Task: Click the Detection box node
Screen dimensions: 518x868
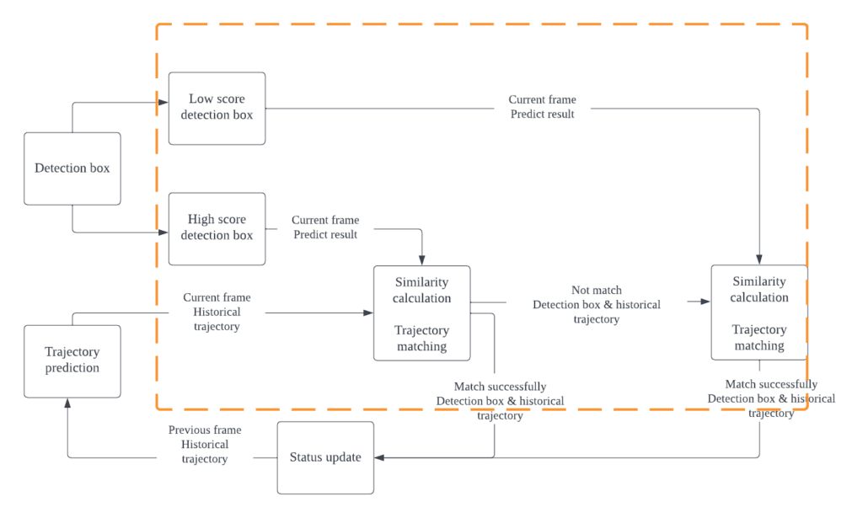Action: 72,168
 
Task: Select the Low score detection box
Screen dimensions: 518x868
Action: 217,108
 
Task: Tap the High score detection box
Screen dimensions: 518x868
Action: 217,228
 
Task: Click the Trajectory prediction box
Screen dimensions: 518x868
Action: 72,360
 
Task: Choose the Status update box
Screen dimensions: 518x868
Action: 325,457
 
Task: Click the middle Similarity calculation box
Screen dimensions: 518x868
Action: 421,313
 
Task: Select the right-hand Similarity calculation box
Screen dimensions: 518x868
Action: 758,313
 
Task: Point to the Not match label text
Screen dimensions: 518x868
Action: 596,291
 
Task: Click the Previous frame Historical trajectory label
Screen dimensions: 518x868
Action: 205,445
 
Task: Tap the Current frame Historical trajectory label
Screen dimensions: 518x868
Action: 217,312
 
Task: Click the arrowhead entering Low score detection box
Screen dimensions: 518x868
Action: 163,104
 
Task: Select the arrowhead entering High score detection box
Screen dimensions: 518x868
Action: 163,230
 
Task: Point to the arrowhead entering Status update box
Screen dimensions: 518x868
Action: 379,457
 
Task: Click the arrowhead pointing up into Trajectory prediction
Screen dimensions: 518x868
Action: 67,403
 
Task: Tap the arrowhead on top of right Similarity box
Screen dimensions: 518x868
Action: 759,260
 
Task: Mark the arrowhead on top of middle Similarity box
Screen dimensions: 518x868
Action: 421,261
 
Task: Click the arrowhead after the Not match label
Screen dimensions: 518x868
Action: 705,301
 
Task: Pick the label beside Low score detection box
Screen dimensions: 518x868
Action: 542,107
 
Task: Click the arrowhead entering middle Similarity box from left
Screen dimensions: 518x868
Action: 368,312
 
